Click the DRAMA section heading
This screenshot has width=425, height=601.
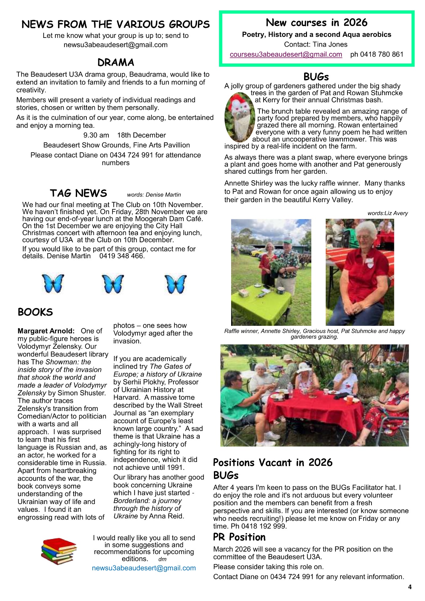pos(116,63)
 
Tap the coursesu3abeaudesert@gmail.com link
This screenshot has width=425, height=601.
pos(286,54)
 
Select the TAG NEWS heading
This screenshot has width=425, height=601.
pos(78,193)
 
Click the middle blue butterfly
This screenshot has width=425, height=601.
pos(113,284)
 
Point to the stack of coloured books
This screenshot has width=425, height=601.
pos(59,551)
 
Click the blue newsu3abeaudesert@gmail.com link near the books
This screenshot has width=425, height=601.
pos(144,568)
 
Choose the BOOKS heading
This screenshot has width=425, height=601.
pos(35,312)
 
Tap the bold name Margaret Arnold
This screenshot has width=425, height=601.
pos(46,331)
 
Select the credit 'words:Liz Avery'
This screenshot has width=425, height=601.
pos(387,213)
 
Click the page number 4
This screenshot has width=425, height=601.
pos(410,587)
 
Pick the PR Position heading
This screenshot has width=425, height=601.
pos(239,537)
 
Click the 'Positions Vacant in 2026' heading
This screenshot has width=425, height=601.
pos(272,463)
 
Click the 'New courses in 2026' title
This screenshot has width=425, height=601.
pos(316,23)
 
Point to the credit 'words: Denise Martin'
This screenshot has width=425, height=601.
pos(154,195)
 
